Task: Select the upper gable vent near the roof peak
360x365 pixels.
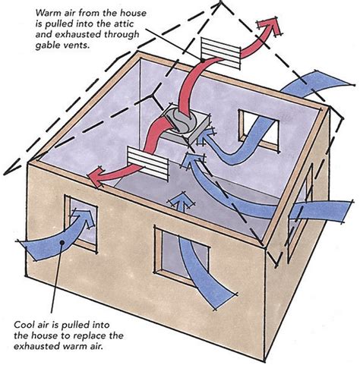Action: pos(220,54)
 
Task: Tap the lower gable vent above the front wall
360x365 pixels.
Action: pos(148,164)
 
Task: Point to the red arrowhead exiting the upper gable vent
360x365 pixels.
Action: pos(270,27)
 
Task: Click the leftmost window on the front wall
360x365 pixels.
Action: pos(81,223)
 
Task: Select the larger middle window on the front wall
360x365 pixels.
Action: pos(181,256)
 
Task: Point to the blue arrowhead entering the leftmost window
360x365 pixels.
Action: pos(85,218)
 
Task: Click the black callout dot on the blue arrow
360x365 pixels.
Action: pos(62,243)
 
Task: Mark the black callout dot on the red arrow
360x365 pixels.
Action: pos(203,61)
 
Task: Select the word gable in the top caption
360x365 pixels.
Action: pos(46,46)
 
